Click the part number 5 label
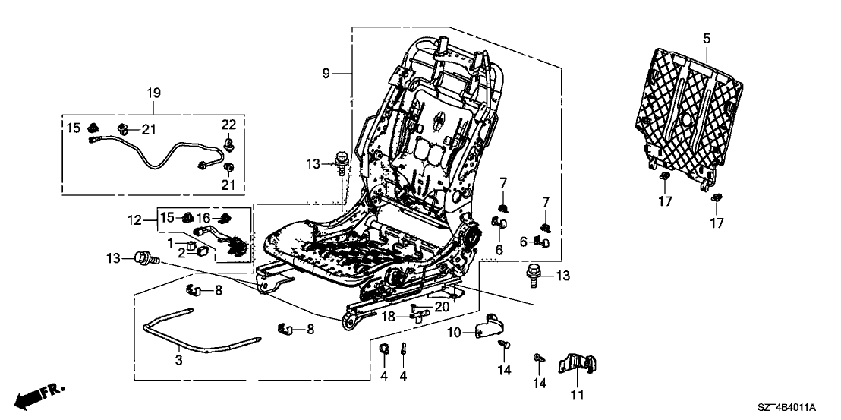(x=707, y=37)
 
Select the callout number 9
(x=326, y=73)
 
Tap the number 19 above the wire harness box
(x=154, y=93)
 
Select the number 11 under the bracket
(x=579, y=395)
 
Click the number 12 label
(x=135, y=220)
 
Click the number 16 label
(x=203, y=218)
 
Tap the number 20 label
(x=442, y=306)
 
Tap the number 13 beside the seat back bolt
(x=313, y=165)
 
